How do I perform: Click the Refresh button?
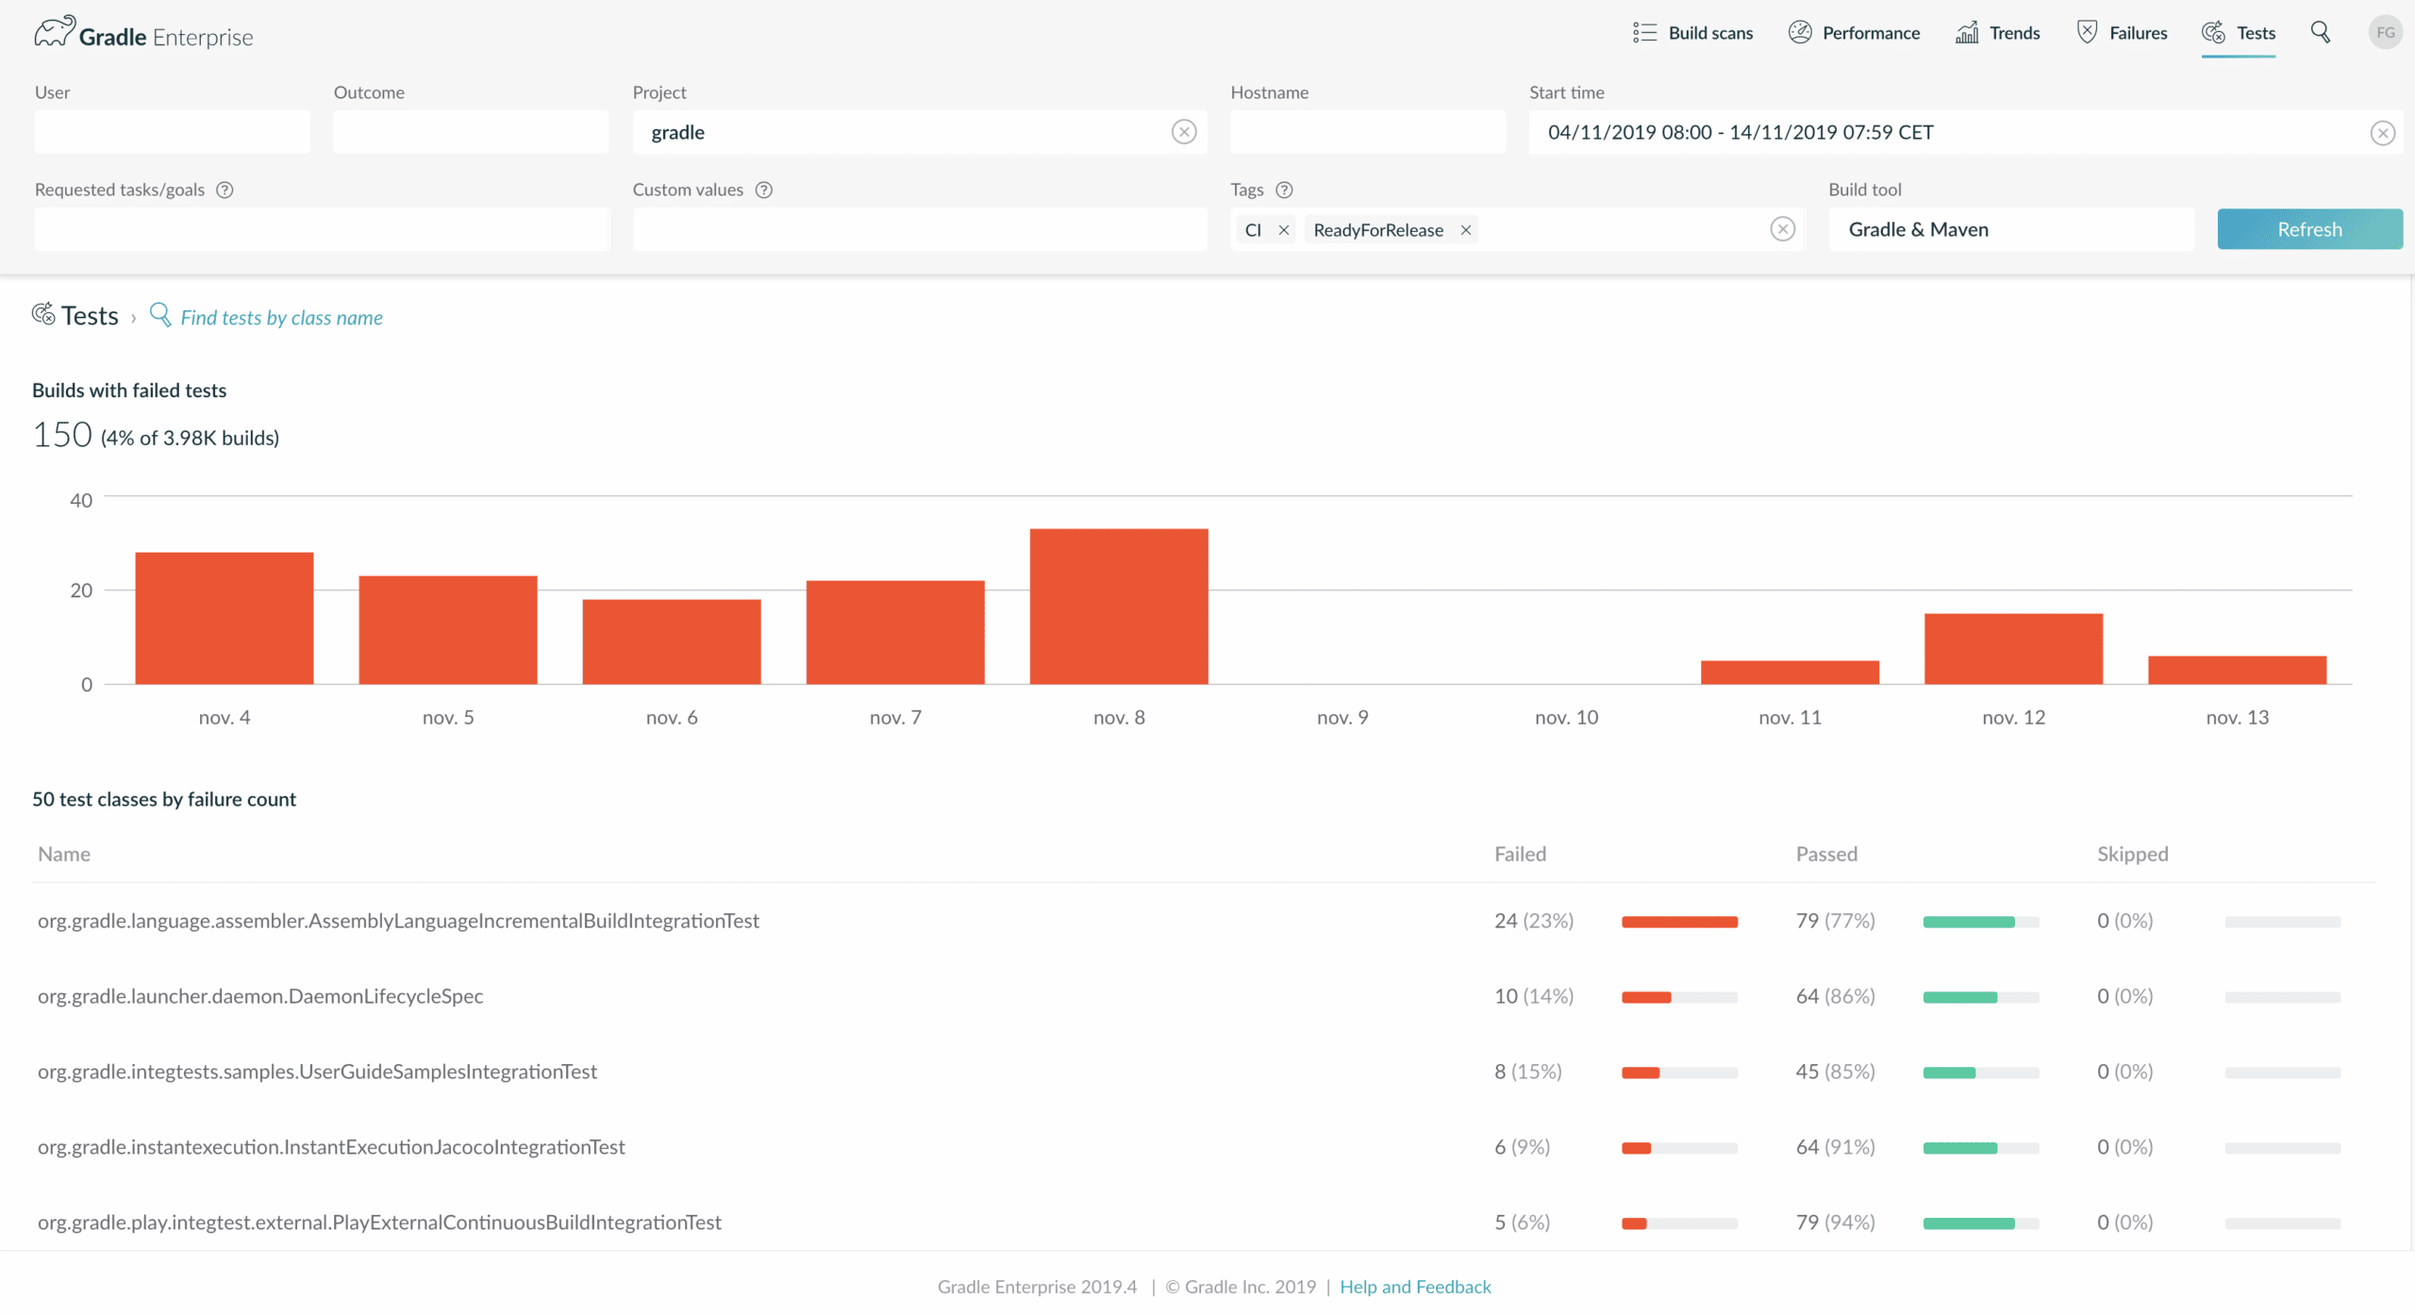2309,229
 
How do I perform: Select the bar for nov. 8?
1119,607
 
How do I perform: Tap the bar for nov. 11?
1790,673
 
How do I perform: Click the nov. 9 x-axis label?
1342,718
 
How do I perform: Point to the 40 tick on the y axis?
81,500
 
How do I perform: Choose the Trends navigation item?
1997,33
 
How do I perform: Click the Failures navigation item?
2122,33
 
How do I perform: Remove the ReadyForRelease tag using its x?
1466,230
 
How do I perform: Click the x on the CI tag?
1284,230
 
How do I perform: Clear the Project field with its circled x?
1184,132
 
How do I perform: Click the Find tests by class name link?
281,318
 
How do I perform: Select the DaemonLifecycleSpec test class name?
260,996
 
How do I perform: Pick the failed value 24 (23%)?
1534,921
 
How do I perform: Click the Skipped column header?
2132,855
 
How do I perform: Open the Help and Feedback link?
1415,1288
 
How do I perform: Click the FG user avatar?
2385,33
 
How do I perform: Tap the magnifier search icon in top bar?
2321,33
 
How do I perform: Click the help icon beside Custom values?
764,191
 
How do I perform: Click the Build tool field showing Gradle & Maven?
2010,229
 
